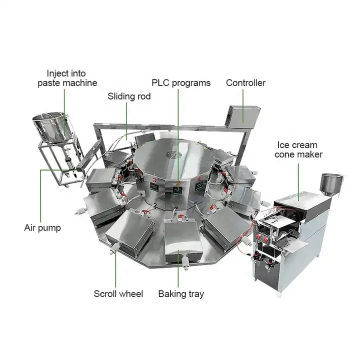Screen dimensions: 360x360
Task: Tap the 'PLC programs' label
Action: pyautogui.click(x=181, y=82)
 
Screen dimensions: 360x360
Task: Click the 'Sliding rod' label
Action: pyautogui.click(x=129, y=96)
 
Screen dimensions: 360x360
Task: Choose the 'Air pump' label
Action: pyautogui.click(x=42, y=227)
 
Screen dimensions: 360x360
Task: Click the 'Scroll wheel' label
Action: pyautogui.click(x=118, y=293)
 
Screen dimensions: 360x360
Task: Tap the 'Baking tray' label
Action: pyautogui.click(x=181, y=293)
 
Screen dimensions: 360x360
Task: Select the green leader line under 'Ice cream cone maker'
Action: pyautogui.click(x=299, y=180)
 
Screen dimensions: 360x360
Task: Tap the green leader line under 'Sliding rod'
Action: pyautogui.click(x=126, y=120)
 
